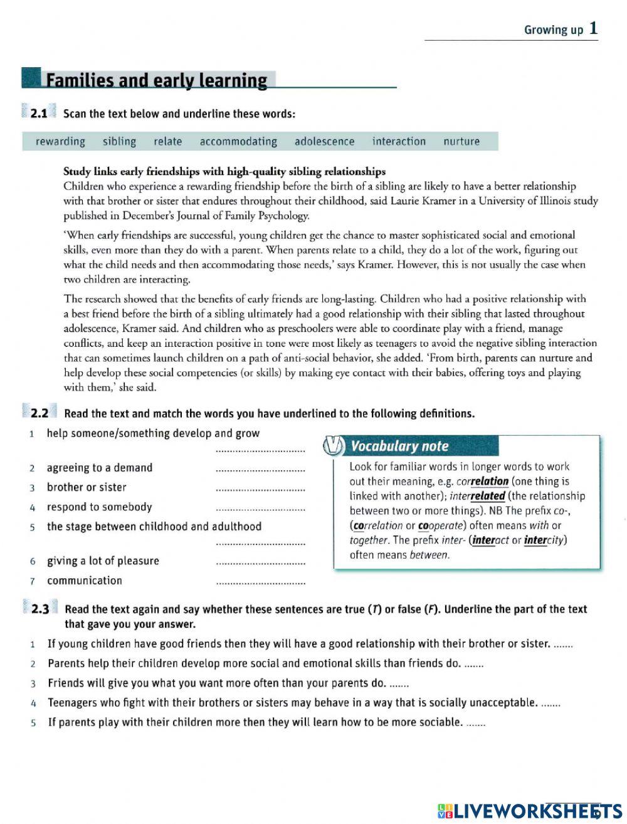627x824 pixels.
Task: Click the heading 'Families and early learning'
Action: coord(157,80)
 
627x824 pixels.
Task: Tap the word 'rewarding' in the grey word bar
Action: coord(60,141)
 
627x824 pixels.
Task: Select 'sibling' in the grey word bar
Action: coord(119,141)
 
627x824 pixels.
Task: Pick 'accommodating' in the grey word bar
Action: coord(238,141)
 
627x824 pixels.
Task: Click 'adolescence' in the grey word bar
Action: coord(324,141)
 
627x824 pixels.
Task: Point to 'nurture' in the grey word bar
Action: coord(461,141)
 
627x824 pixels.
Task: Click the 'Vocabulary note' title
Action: coord(399,446)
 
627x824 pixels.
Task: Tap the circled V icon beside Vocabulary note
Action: coord(333,446)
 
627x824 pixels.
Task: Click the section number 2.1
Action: coord(38,114)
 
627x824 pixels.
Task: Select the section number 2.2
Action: coord(39,413)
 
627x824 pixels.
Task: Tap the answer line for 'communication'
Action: coord(260,583)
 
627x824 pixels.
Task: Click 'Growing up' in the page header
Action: coord(554,29)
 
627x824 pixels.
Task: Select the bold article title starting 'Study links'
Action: coord(224,171)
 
